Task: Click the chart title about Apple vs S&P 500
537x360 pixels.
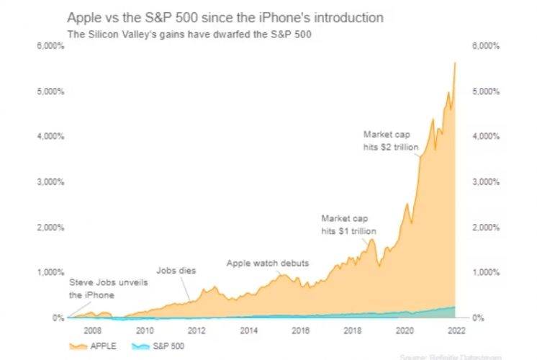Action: (225, 16)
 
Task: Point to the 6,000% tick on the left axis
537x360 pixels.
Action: (50, 45)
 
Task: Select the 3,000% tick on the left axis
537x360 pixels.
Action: (50, 181)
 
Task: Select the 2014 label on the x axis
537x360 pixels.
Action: (249, 331)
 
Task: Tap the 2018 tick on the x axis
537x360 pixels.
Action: (353, 331)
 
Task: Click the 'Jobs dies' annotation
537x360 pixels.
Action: (176, 270)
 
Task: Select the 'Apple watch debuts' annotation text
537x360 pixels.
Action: (267, 263)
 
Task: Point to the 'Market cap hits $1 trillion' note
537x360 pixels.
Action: (349, 224)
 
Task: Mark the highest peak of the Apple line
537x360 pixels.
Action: (456, 63)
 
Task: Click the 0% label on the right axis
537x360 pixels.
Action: (477, 318)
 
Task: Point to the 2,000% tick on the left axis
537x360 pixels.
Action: (50, 227)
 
